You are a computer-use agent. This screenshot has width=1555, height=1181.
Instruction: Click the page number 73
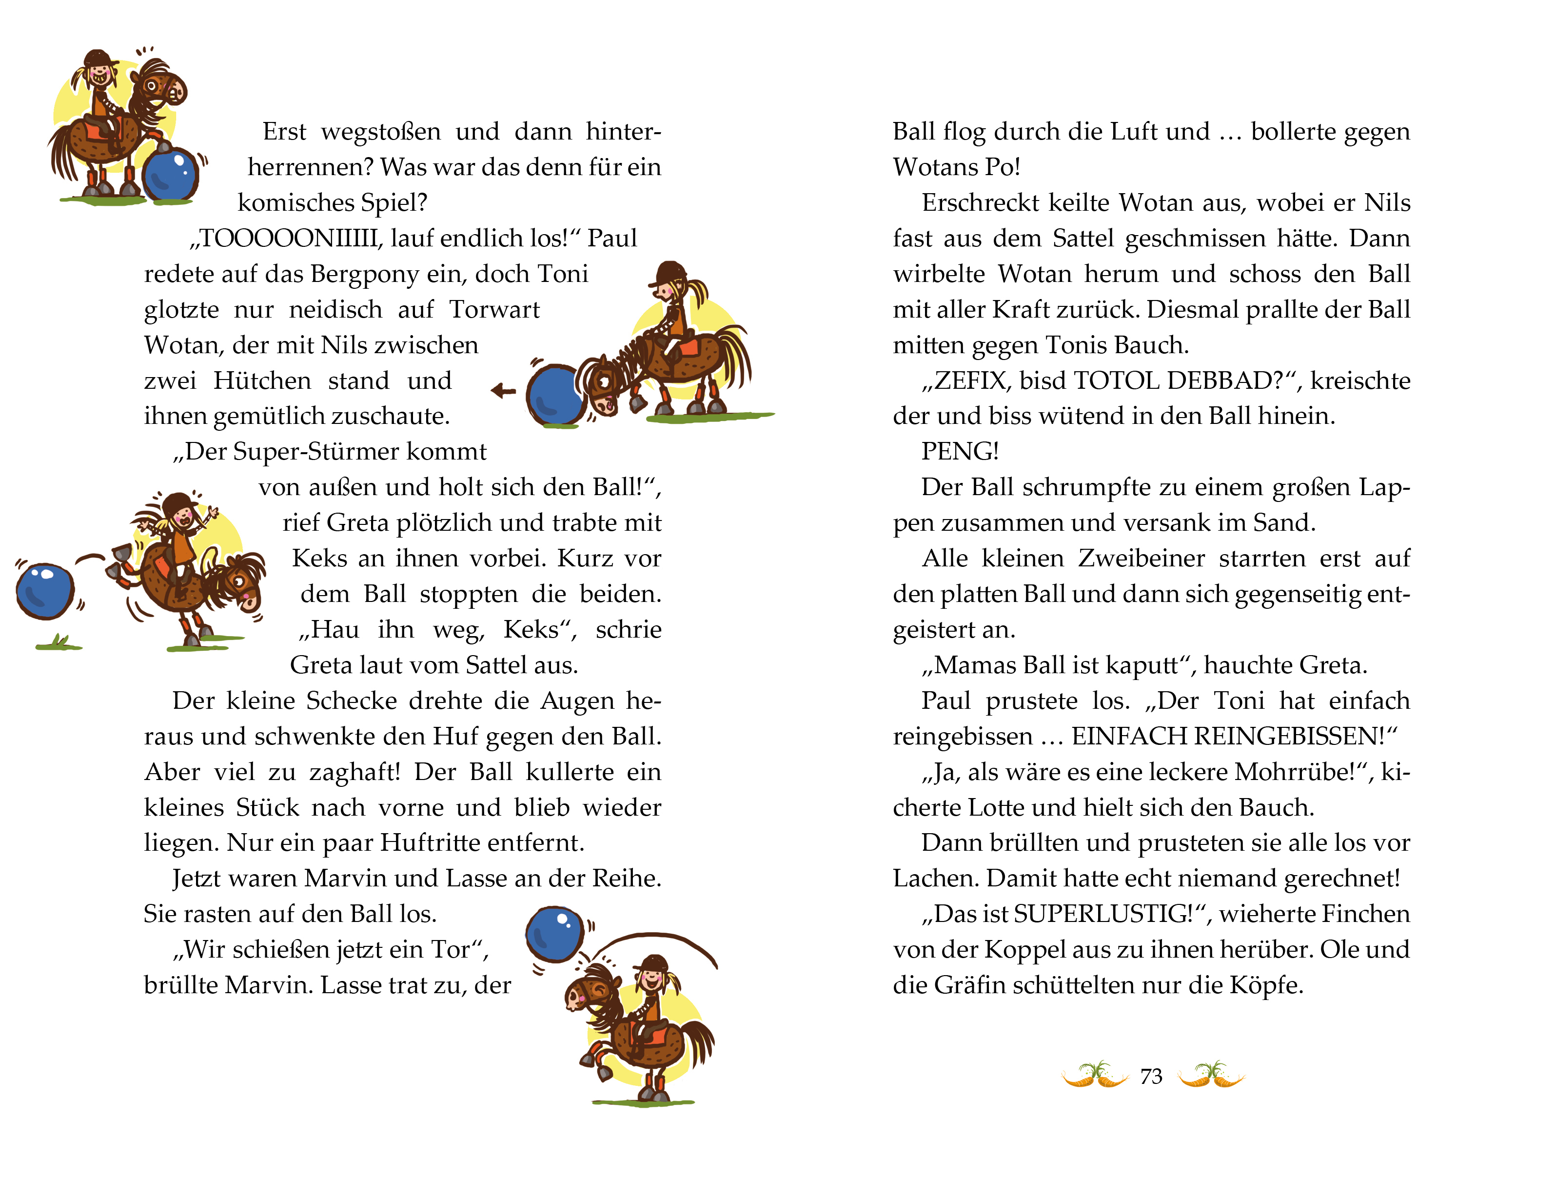pyautogui.click(x=1151, y=1076)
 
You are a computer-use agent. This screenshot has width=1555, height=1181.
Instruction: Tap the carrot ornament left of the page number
pyautogui.click(x=1095, y=1075)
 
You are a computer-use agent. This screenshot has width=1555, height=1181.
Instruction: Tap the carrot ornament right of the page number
pyautogui.click(x=1211, y=1075)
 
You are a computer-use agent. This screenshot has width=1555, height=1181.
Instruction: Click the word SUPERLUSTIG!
pyautogui.click(x=1106, y=914)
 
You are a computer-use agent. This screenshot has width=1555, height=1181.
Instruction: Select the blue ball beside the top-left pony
pyautogui.click(x=171, y=174)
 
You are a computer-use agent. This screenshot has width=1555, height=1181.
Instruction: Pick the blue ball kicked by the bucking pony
pyautogui.click(x=45, y=591)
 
